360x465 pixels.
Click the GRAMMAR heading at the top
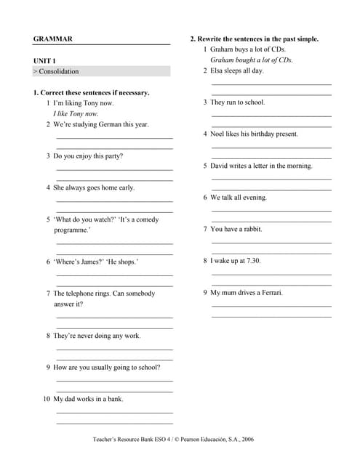(53, 39)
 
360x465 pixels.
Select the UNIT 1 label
(44, 61)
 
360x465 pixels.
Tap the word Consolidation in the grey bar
(59, 71)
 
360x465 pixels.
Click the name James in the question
(93, 262)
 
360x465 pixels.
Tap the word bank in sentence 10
(114, 399)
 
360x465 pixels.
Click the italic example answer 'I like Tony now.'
(76, 113)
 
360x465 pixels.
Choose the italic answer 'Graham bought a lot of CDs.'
(252, 60)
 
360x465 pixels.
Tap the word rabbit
(250, 229)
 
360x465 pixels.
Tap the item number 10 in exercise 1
(47, 399)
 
